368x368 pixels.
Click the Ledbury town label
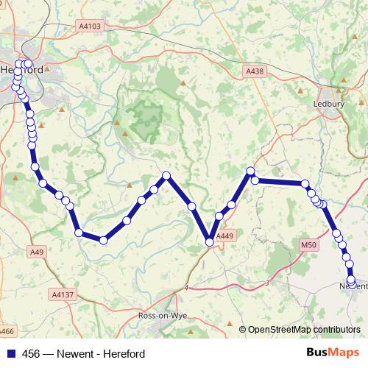click(329, 105)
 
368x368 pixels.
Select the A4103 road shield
click(90, 26)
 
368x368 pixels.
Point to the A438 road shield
click(254, 71)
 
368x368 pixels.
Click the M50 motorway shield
click(308, 244)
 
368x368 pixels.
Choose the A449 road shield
click(225, 236)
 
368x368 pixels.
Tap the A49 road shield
click(38, 252)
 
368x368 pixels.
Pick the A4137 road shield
click(63, 294)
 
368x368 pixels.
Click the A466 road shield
click(7, 333)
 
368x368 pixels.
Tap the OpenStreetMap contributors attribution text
click(304, 330)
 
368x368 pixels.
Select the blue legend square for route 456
click(10, 353)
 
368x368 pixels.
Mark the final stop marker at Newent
click(351, 280)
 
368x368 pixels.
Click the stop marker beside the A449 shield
click(210, 241)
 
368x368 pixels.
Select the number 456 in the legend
click(31, 353)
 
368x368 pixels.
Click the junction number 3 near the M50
click(266, 282)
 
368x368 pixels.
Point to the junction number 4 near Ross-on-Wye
click(187, 287)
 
